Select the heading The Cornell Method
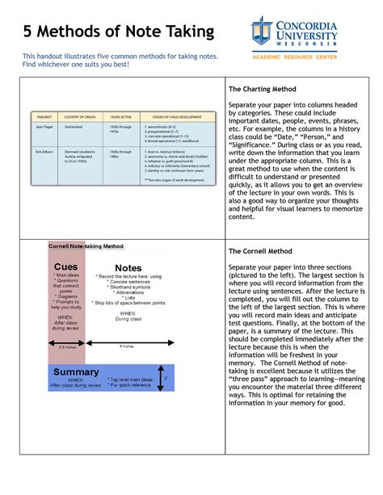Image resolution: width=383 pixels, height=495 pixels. [x=262, y=251]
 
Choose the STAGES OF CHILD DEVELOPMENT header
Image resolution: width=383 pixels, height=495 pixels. [x=176, y=115]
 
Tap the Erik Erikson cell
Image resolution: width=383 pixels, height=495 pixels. [x=44, y=151]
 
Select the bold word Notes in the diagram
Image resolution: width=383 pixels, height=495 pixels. [x=128, y=268]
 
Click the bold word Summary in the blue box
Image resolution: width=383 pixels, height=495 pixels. [x=75, y=371]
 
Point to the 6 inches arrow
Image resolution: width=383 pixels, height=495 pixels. [x=127, y=342]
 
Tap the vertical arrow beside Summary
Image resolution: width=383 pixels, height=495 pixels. [x=164, y=377]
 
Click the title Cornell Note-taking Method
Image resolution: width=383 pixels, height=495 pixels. [x=86, y=245]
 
